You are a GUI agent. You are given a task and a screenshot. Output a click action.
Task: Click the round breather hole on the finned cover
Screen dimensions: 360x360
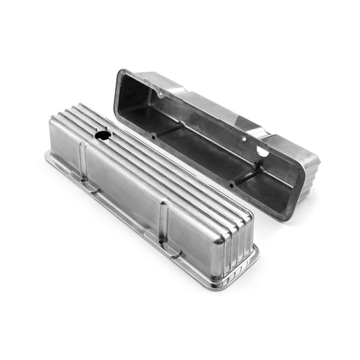(x=103, y=135)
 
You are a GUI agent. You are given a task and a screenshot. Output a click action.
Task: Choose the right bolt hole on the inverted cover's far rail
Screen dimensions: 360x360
(x=245, y=140)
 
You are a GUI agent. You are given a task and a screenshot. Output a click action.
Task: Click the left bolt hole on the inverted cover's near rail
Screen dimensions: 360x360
(x=153, y=136)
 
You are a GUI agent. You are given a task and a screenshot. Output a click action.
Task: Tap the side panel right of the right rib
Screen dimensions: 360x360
(x=196, y=236)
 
